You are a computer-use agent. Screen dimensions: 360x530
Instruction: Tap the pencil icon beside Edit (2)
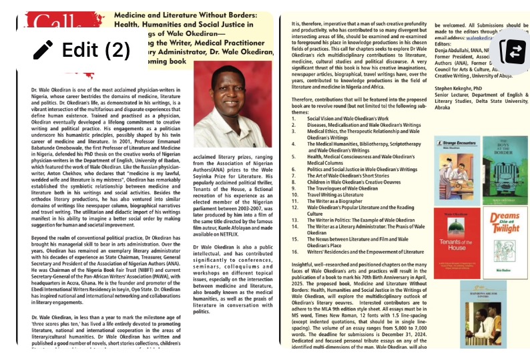pyautogui.click(x=43, y=50)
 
